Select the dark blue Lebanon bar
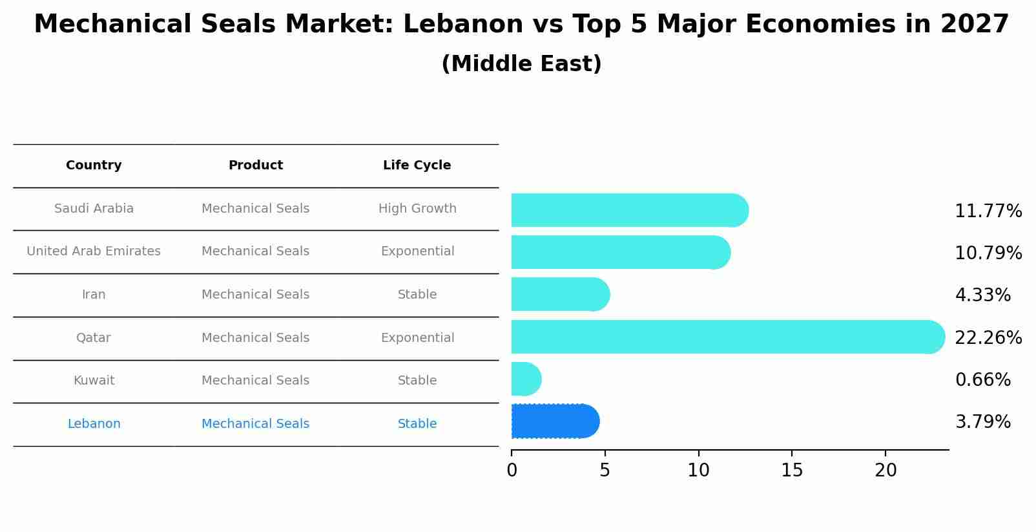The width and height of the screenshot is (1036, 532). point(554,421)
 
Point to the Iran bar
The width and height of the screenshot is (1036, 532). point(559,294)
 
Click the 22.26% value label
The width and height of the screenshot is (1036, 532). point(988,338)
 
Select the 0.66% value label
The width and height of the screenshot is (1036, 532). point(982,380)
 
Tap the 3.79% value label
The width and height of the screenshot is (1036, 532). point(982,422)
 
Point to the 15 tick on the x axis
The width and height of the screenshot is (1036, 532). point(792,471)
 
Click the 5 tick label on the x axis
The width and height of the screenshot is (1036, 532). point(605,471)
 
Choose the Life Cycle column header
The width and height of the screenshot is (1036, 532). point(417,165)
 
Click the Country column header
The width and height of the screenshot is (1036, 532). point(94,165)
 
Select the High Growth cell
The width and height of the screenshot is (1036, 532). point(417,209)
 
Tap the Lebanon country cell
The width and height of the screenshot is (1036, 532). point(94,424)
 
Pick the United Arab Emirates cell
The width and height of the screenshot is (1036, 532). point(94,251)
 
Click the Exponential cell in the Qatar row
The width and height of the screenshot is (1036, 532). point(417,338)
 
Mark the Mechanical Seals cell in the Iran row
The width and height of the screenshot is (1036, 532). point(255,295)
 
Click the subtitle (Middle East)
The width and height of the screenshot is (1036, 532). point(521,64)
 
